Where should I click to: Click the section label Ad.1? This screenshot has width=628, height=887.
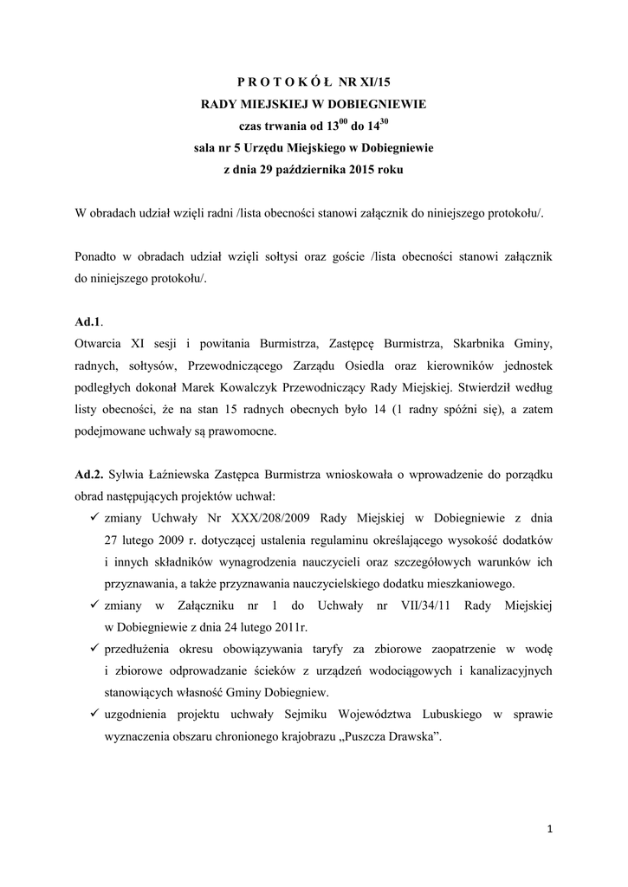click(90, 321)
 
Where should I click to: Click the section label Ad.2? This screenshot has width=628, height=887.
click(90, 476)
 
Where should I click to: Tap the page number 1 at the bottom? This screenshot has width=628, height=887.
click(550, 830)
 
